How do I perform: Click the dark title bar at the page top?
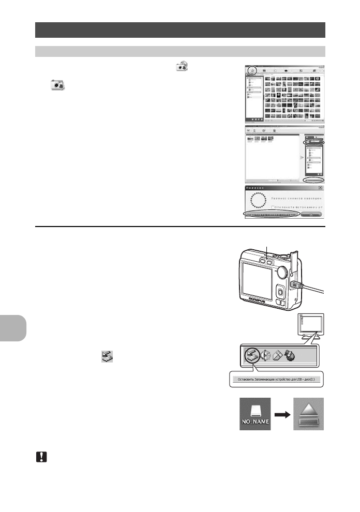180,30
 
